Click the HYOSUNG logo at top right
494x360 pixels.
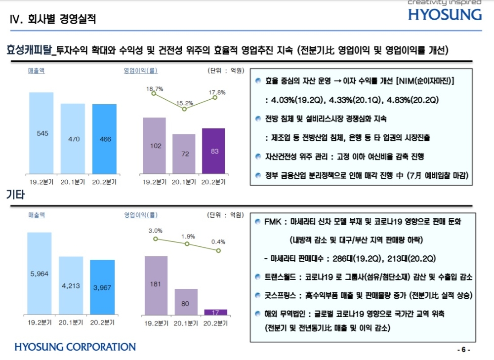(x=445, y=14)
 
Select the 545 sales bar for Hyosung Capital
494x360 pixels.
(x=41, y=133)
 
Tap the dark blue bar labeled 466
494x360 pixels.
(x=104, y=139)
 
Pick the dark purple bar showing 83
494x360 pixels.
(x=213, y=151)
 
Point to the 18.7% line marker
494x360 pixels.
(x=154, y=93)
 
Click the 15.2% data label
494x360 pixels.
(x=184, y=103)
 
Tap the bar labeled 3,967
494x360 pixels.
(x=102, y=287)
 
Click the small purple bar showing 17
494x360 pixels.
(x=215, y=312)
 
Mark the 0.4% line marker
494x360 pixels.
(x=217, y=250)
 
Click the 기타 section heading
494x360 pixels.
(x=15, y=195)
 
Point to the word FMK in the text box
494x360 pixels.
(x=274, y=222)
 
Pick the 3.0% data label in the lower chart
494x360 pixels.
(x=155, y=231)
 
